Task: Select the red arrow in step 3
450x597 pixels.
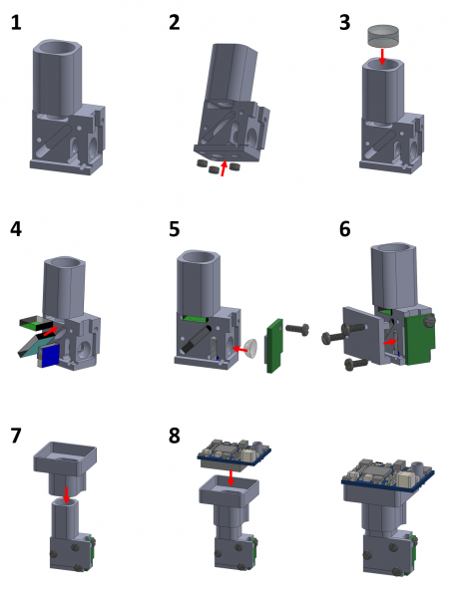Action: pos(384,54)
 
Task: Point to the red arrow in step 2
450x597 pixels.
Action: pos(224,162)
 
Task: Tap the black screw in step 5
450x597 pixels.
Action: pos(298,325)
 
